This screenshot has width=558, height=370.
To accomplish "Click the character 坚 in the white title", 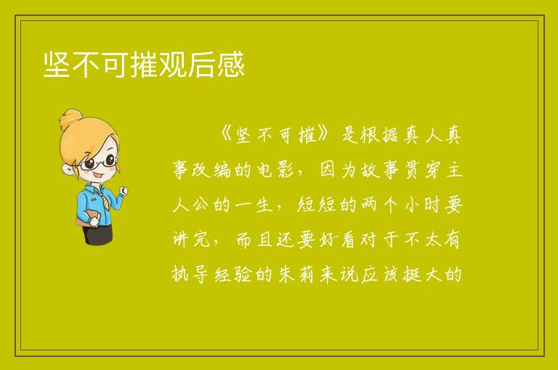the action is click(x=57, y=64).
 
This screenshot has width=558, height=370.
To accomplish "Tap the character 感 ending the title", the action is click(x=231, y=64).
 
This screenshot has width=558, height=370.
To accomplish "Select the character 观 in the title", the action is click(x=173, y=64).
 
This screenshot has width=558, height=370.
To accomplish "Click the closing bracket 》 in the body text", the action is click(x=326, y=135).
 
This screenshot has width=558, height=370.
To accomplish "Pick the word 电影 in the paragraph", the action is click(x=275, y=170).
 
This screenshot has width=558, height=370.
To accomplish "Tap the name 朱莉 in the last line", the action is click(x=296, y=274).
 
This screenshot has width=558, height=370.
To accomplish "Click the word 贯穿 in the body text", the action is click(x=423, y=170).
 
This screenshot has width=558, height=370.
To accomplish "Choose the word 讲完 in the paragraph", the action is click(x=191, y=239).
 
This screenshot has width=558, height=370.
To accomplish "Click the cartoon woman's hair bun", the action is click(x=71, y=119).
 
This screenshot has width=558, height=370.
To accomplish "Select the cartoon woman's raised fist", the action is click(x=123, y=191).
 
